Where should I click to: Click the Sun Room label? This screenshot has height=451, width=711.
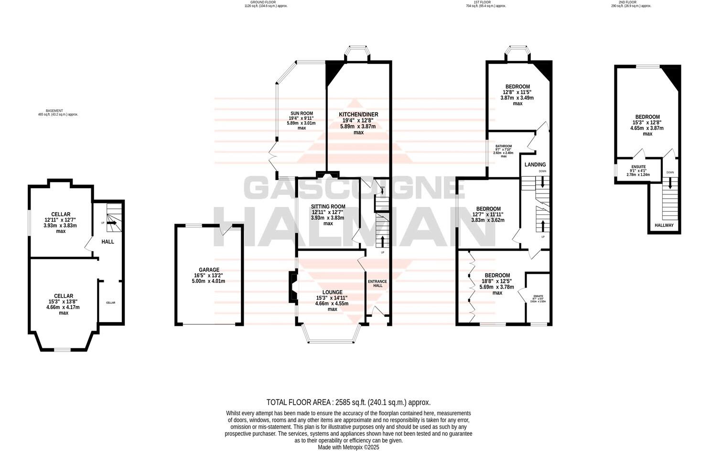[301, 113]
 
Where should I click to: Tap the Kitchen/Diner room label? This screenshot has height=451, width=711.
[358, 114]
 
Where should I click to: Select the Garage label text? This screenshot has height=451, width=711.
[209, 269]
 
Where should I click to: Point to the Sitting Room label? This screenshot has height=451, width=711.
[328, 206]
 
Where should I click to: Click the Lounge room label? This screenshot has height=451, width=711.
[332, 292]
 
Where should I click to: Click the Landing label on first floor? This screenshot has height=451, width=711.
[535, 164]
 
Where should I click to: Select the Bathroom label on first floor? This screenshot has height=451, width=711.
[503, 146]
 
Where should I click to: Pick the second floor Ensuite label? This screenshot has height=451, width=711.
[638, 167]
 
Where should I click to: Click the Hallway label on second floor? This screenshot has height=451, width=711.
[664, 225]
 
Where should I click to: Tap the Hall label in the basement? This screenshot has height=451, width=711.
[108, 241]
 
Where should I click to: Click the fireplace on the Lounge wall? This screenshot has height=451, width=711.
[292, 287]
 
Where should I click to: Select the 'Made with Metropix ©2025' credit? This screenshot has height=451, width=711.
[348, 447]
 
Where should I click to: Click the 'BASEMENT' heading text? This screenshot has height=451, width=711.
[58, 110]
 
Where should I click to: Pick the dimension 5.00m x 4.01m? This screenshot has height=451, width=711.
[209, 281]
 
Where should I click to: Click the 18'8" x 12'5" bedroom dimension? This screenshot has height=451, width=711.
[497, 281]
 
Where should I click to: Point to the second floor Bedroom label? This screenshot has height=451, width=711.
[647, 117]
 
